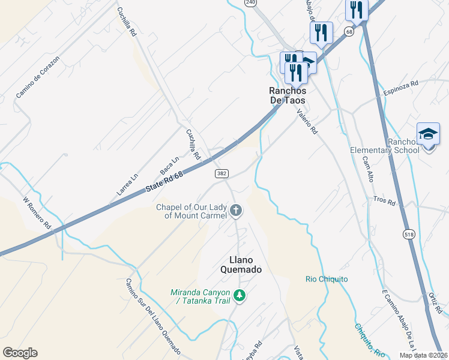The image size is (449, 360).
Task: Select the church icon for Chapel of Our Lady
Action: (237, 211)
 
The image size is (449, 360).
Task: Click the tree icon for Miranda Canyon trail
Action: (240, 295)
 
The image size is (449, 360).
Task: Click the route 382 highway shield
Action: (221, 173)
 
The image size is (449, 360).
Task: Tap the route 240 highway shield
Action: (250, 3)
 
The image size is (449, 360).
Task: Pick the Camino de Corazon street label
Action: (38, 77)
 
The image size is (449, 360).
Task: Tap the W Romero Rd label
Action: (37, 214)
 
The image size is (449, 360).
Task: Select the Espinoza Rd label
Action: (401, 88)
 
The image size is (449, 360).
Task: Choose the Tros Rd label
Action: (384, 200)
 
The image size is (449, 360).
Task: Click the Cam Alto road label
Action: (368, 170)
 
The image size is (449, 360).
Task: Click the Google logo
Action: (20, 353)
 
